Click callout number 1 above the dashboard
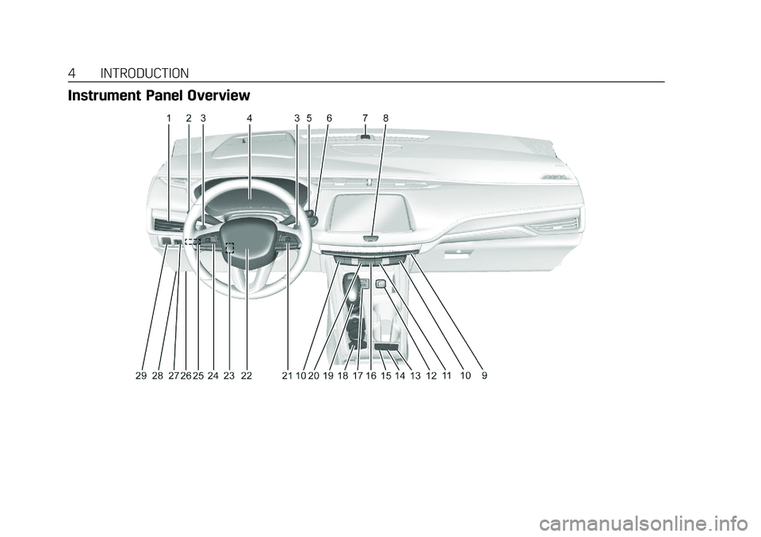click(x=169, y=118)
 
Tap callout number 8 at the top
click(x=385, y=118)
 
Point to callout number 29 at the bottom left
click(x=140, y=377)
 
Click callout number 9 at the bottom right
click(x=484, y=377)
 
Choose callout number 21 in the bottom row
click(x=286, y=377)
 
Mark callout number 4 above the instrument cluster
click(x=249, y=118)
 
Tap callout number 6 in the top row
click(x=329, y=118)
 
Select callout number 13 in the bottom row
click(x=415, y=377)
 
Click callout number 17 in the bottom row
click(x=358, y=377)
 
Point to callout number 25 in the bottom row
click(x=198, y=377)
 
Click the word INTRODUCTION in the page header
click(x=145, y=74)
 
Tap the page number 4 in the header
click(x=72, y=74)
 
